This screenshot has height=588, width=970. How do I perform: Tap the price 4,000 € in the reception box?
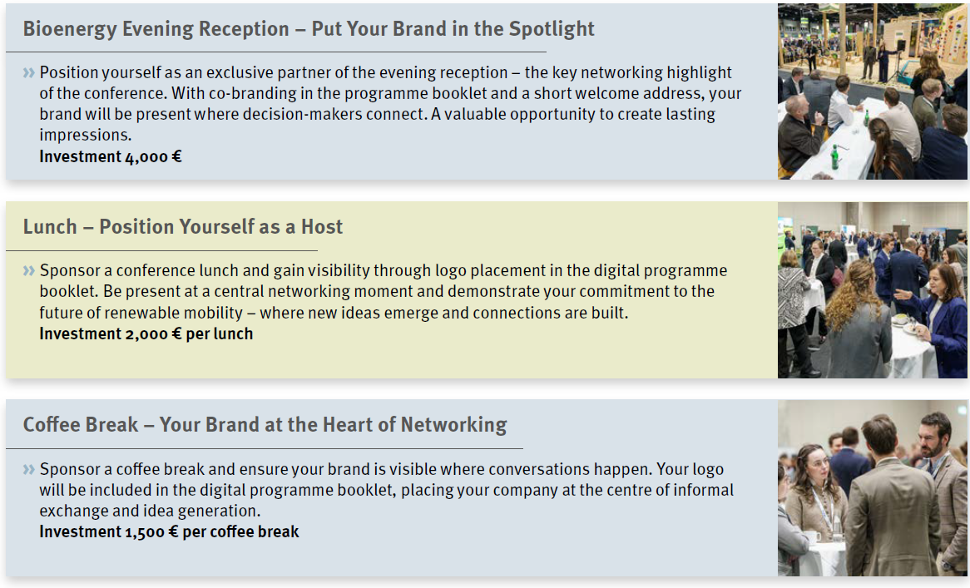pos(152,156)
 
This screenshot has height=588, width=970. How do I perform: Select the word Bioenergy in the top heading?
pos(70,29)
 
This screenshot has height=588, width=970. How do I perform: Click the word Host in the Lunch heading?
pos(322,227)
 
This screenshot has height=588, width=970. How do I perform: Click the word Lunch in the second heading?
pos(50,227)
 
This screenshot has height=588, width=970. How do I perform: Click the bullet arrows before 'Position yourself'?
pos(29,73)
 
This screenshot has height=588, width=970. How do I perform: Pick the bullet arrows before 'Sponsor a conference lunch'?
pos(29,271)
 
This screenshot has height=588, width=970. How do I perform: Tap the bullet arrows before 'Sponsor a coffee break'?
pos(29,469)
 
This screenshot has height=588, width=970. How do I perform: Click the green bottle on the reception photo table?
pos(834,156)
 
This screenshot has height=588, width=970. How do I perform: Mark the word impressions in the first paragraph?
pos(86,135)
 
